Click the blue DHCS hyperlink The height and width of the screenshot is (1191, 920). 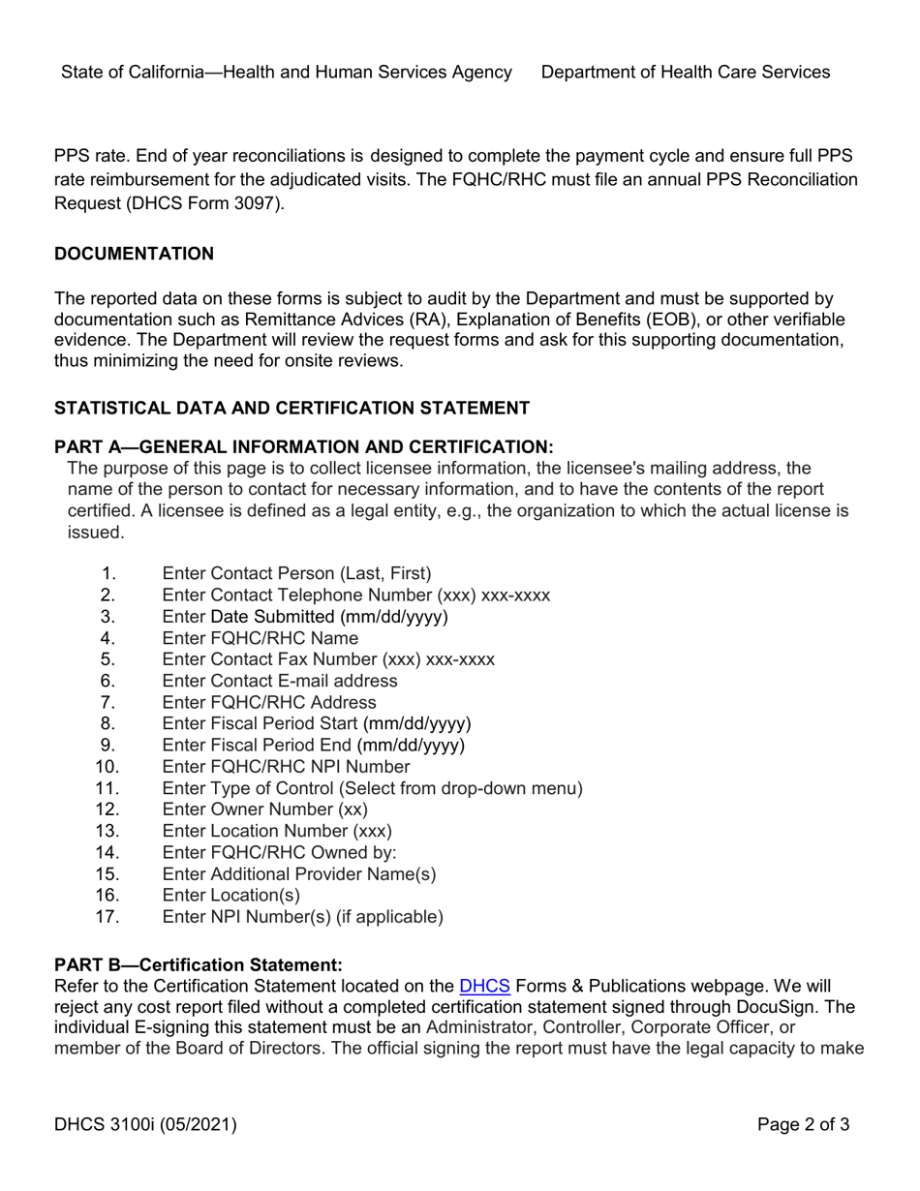pyautogui.click(x=483, y=988)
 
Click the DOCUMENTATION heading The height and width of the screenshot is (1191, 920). pyautogui.click(x=134, y=254)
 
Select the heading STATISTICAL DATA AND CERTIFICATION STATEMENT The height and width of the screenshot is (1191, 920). pyautogui.click(x=291, y=408)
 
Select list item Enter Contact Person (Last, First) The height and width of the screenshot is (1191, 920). pyautogui.click(x=296, y=574)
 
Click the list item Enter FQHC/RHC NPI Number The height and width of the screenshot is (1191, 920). pyautogui.click(x=286, y=767)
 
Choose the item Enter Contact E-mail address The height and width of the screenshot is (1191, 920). pyautogui.click(x=280, y=681)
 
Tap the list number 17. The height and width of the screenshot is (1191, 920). pyautogui.click(x=107, y=916)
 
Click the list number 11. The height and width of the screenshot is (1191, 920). pyautogui.click(x=107, y=788)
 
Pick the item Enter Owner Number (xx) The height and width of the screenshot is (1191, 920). pyautogui.click(x=265, y=809)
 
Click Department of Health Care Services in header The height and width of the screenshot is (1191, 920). pyautogui.click(x=685, y=72)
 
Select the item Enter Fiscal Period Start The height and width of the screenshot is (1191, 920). pyautogui.click(x=317, y=723)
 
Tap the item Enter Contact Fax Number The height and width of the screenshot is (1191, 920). pyautogui.click(x=328, y=659)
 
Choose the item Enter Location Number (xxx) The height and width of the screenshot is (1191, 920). pyautogui.click(x=277, y=831)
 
